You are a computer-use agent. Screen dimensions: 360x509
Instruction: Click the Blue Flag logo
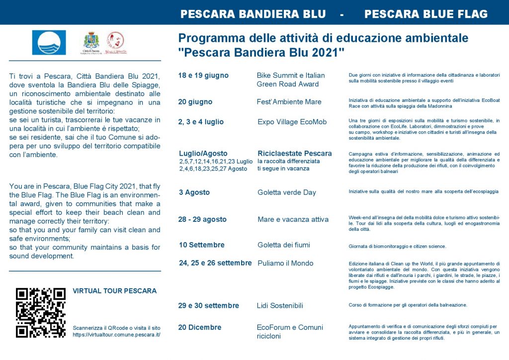[49, 43]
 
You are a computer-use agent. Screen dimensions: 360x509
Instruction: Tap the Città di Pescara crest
[91, 43]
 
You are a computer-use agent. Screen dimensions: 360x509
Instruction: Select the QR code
[41, 313]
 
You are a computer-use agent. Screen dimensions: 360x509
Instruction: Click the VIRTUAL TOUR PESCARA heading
[114, 291]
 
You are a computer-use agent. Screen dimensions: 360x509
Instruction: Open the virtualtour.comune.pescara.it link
[116, 335]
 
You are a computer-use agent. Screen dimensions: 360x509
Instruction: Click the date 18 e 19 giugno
[203, 76]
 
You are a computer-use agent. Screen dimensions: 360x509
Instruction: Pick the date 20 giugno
[195, 102]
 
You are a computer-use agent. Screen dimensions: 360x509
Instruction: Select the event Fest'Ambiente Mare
[289, 102]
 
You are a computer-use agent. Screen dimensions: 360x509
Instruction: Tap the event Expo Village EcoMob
[292, 122]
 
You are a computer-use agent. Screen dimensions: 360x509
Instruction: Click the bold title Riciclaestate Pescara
[295, 153]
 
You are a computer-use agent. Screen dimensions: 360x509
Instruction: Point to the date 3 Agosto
[194, 192]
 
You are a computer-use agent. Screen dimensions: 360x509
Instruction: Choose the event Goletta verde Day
[287, 192]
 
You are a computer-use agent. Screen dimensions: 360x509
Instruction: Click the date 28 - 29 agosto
[203, 219]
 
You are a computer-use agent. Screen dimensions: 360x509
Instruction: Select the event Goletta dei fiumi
[284, 245]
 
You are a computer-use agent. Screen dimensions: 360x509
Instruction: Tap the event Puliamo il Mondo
[285, 263]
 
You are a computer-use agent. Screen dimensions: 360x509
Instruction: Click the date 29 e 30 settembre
[209, 305]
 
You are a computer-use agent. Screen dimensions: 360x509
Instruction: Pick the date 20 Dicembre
[200, 327]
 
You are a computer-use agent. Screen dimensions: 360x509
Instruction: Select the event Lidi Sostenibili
[280, 305]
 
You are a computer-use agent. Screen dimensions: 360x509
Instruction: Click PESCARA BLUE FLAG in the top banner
[426, 14]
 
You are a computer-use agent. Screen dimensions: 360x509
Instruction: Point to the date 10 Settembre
[202, 245]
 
